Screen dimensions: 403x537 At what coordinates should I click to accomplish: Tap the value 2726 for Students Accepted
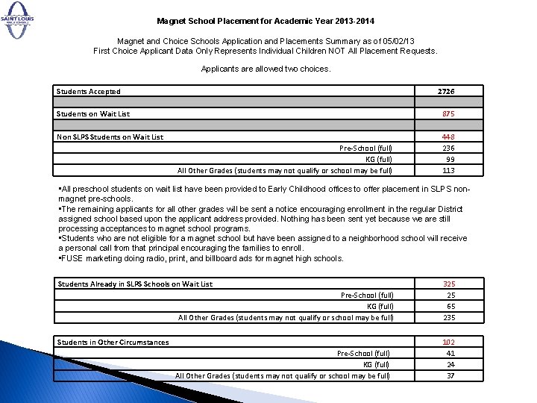tap(447, 91)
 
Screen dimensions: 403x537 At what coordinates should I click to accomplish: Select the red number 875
tap(447, 114)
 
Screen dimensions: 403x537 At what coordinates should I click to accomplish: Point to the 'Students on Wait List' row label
tap(93, 114)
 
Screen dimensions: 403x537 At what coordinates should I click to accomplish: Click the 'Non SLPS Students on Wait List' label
tap(110, 137)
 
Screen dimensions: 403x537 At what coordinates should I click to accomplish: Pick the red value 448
tap(447, 137)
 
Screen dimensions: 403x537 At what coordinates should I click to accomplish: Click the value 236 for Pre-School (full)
tap(447, 148)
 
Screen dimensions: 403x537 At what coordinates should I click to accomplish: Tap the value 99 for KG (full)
tap(450, 159)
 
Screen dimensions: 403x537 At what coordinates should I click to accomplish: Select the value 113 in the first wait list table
tap(447, 170)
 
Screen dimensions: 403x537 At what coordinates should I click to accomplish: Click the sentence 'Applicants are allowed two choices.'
tap(266, 69)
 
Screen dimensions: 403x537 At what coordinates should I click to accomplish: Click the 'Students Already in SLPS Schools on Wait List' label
tap(135, 284)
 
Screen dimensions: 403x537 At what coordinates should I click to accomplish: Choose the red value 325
tap(449, 284)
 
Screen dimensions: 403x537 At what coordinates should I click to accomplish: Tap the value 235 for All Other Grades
tap(449, 317)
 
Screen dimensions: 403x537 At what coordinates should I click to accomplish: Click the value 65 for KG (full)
tap(450, 306)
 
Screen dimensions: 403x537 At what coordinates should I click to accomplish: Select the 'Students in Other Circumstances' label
tap(113, 343)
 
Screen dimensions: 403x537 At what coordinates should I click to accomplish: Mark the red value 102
tap(449, 343)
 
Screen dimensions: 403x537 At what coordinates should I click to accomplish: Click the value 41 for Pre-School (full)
tap(450, 354)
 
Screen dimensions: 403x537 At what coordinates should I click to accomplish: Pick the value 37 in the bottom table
tap(450, 375)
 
